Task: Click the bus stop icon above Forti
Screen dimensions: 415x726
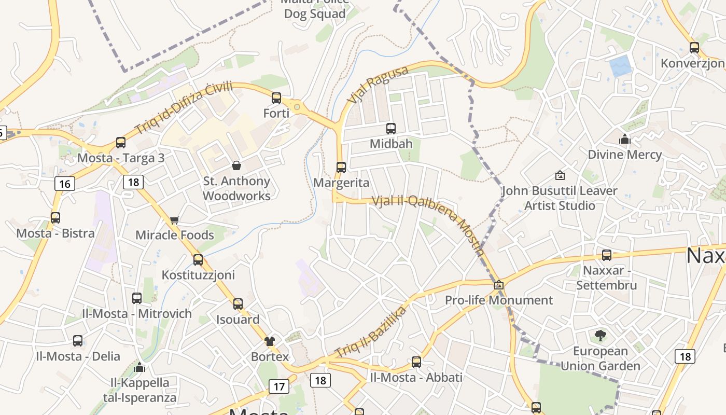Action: point(276,98)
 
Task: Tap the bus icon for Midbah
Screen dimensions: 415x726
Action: point(391,128)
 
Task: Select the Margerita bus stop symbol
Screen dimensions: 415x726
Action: point(341,167)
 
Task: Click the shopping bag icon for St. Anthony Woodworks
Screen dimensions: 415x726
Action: point(236,165)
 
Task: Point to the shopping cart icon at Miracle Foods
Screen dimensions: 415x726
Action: point(175,220)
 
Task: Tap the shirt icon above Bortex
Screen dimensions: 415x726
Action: point(270,341)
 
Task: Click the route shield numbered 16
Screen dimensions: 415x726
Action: point(64,184)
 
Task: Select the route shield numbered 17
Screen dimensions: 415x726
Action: point(278,386)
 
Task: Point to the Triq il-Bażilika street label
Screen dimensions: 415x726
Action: point(371,332)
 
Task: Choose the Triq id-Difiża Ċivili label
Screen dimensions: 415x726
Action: point(184,108)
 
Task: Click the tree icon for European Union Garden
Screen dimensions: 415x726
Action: point(601,335)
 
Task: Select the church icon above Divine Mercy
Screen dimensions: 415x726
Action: point(624,139)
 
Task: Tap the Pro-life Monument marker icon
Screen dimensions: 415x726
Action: point(499,285)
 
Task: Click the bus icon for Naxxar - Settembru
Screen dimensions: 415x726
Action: point(607,255)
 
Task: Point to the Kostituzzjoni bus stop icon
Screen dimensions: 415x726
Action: point(198,259)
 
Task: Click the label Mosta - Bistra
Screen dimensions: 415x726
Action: point(55,233)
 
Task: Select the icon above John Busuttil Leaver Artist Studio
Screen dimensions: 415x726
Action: point(560,175)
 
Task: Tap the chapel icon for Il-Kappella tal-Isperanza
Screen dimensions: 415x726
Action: point(139,367)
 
